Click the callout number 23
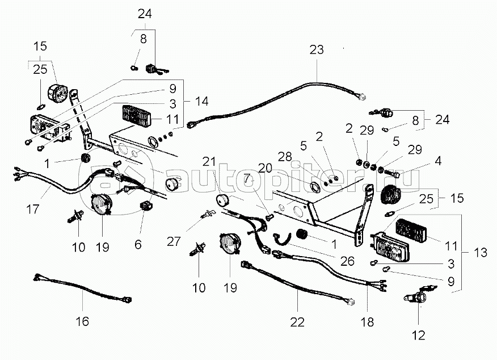click(316, 50)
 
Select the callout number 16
click(82, 322)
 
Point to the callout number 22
click(297, 322)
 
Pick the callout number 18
click(367, 322)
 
